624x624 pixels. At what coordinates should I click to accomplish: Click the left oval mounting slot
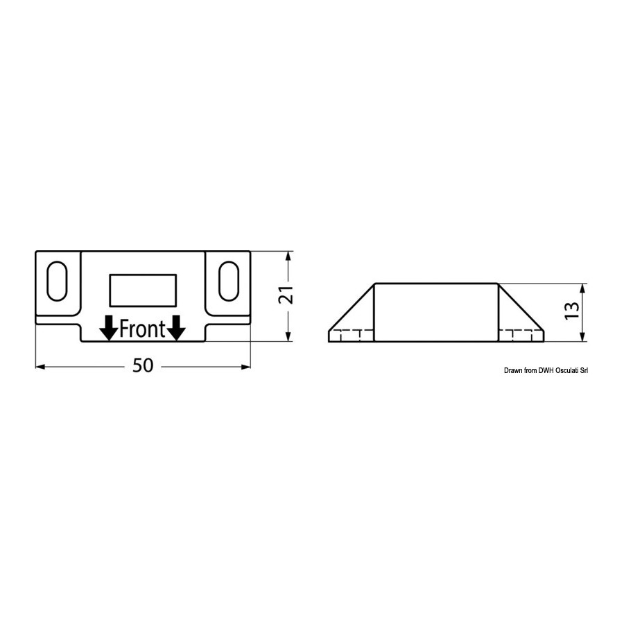coord(57,281)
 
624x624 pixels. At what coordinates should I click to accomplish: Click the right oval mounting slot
coord(228,281)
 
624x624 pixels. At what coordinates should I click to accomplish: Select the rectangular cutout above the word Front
coord(142,291)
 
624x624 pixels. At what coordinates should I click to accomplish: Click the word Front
coord(142,329)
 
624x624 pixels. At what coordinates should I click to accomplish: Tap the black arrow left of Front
coord(108,328)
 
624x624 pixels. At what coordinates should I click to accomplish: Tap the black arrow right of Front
coord(176,328)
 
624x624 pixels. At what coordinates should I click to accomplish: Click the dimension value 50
coord(143,365)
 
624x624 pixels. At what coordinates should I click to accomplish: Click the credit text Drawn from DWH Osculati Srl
coord(546,370)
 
